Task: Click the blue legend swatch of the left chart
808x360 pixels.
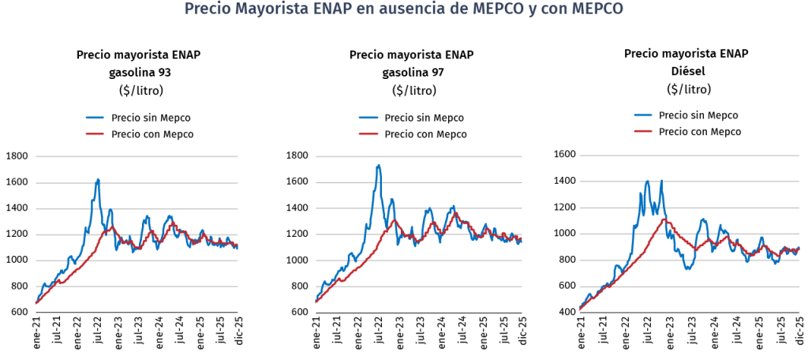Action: pos(95,118)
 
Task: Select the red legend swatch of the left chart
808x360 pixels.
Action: pos(95,134)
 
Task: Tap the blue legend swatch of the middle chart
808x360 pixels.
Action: pos(368,118)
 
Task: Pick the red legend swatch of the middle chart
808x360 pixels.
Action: pos(368,134)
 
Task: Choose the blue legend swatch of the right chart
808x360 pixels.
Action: pos(643,114)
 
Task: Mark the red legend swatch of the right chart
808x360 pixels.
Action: pos(643,130)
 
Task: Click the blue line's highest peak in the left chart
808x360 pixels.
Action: pos(98,179)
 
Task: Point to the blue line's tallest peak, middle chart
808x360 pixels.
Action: pos(379,166)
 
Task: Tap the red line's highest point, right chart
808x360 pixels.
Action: pos(665,219)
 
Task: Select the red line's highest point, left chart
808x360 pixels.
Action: pos(112,227)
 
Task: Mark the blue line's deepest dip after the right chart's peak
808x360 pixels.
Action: pos(687,269)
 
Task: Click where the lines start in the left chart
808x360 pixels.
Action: pos(36,302)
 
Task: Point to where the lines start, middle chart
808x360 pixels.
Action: pos(316,301)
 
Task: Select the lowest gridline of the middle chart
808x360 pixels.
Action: pos(418,287)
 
